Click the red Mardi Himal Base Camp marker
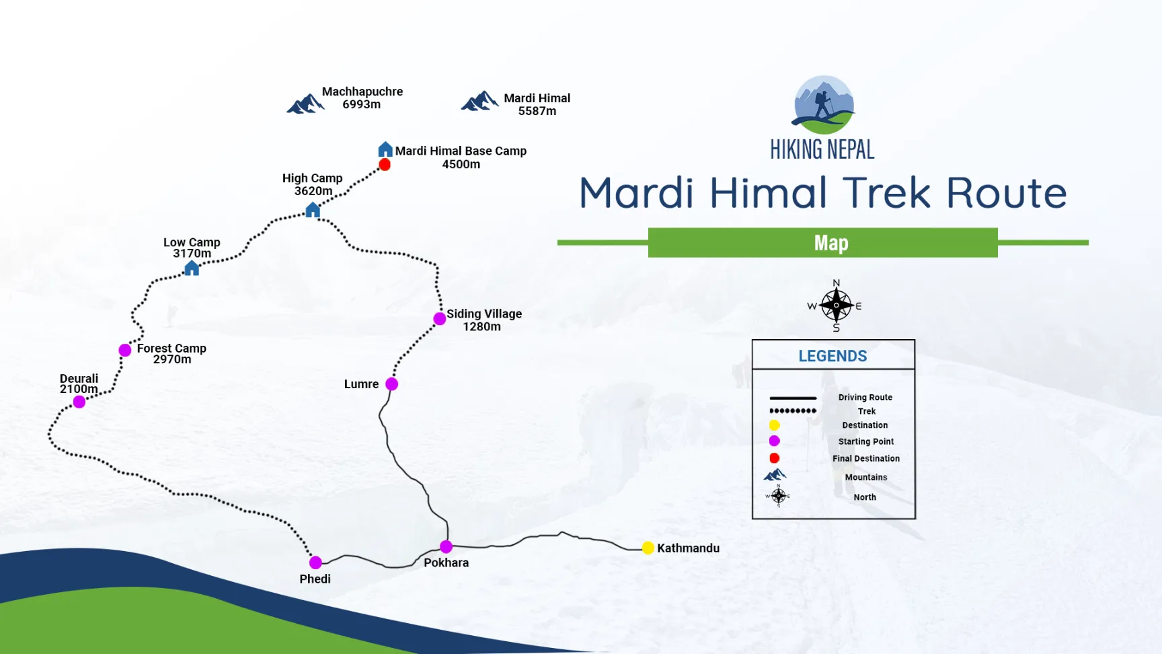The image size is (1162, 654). tap(385, 165)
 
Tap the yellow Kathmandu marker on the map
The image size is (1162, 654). tap(648, 548)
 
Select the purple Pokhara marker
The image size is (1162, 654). tap(446, 546)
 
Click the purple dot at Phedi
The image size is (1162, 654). tap(315, 562)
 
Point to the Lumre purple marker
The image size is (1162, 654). tap(391, 384)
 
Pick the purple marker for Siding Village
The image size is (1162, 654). tap(439, 318)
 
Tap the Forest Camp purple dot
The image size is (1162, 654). tap(124, 350)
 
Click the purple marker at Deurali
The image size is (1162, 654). tap(79, 402)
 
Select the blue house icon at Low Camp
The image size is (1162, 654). tap(192, 268)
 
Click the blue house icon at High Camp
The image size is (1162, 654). tap(313, 210)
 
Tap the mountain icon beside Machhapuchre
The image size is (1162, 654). tap(305, 104)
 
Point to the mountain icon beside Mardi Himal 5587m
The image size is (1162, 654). tap(479, 101)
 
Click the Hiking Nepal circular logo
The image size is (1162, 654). tap(823, 105)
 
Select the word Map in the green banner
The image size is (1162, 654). tap(831, 243)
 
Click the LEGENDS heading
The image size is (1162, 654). tap(832, 356)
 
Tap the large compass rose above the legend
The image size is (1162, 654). tap(836, 306)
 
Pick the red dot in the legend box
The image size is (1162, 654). tap(775, 458)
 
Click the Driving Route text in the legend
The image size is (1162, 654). tap(865, 398)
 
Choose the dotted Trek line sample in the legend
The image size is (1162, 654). tap(793, 410)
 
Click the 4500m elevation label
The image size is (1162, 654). tap(461, 164)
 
